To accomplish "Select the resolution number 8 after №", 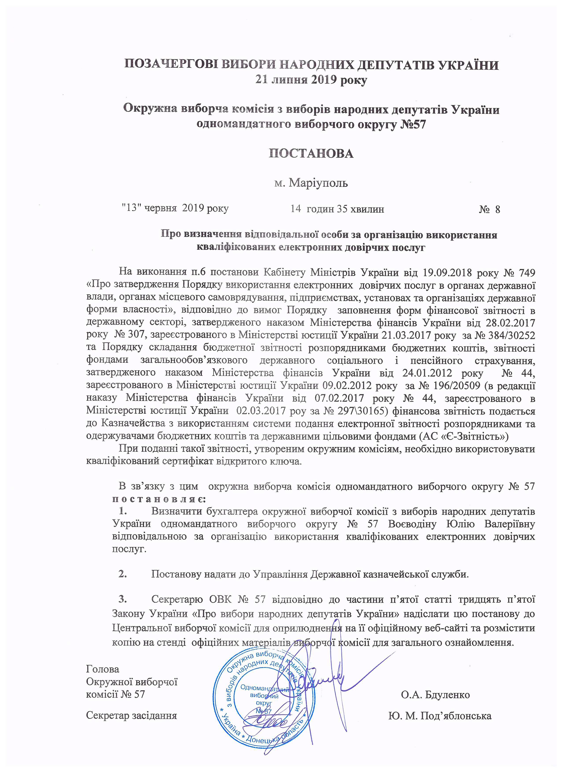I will (x=498, y=209).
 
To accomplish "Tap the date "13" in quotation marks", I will (x=131, y=208).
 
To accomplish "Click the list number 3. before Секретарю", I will (x=123, y=599).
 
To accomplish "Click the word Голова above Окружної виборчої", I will (x=103, y=669).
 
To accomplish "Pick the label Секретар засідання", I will (x=131, y=715).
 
